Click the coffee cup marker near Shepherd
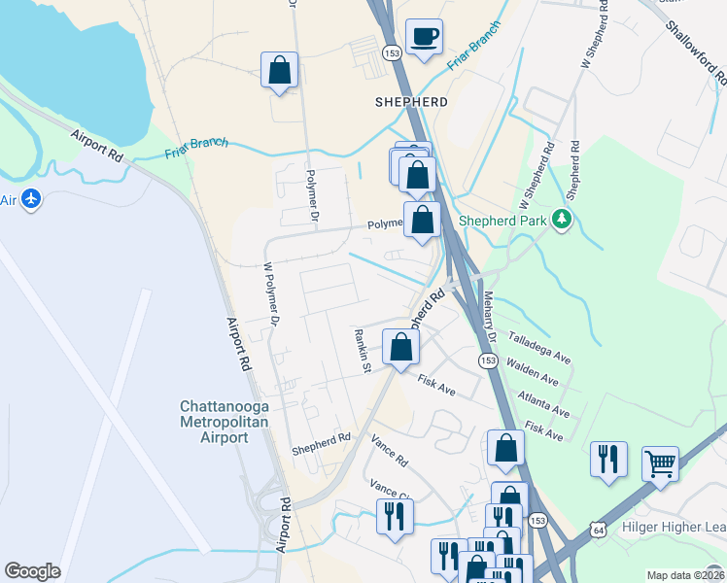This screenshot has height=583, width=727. coord(424,38)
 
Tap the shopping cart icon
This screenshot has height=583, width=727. coord(660,464)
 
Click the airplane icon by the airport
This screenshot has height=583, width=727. coord(32,199)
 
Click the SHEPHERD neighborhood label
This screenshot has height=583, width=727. coord(411,102)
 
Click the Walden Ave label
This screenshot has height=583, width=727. coord(533,372)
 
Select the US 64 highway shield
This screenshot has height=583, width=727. coord(598,529)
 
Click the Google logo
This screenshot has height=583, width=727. coord(32,571)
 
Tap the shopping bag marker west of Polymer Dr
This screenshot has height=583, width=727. coord(279,70)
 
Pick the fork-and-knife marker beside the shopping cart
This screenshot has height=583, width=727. coord(608,461)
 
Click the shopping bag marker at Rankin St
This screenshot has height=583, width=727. coord(400,348)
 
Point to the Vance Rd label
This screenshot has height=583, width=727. coord(389,449)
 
